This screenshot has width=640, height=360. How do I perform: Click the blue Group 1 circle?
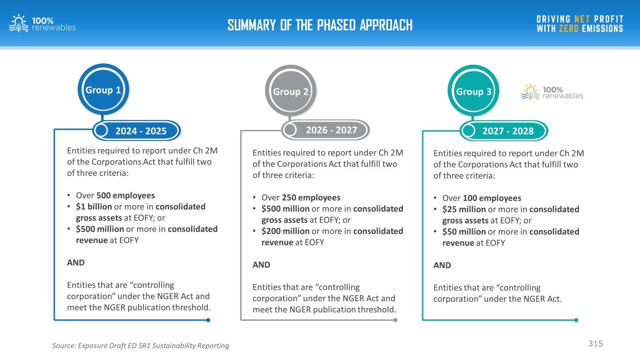[x=103, y=90]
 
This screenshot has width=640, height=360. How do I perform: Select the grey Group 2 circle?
[x=290, y=91]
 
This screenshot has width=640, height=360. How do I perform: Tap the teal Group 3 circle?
[x=474, y=91]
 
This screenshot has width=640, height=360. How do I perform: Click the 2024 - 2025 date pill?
[x=136, y=130]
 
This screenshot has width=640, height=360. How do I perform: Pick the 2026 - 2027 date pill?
[x=326, y=130]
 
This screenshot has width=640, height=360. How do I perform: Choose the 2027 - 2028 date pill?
[x=504, y=131]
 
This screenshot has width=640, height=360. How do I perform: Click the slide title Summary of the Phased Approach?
[x=320, y=25]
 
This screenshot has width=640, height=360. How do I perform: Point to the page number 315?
[x=596, y=344]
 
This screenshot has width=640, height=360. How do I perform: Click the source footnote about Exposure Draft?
[x=140, y=346]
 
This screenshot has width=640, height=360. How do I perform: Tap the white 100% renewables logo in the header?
[x=42, y=24]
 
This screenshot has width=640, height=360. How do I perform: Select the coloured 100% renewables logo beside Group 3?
[x=552, y=92]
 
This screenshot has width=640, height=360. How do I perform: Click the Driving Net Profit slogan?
[x=580, y=24]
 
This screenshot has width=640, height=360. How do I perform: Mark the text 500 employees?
[x=126, y=196]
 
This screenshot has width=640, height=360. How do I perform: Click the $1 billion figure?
[x=94, y=206]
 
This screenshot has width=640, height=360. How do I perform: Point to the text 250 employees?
[x=311, y=198]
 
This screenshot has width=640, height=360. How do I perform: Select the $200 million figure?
[x=286, y=231]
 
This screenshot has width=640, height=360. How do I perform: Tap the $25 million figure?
[x=464, y=209]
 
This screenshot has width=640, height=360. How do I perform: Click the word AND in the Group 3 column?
[x=442, y=266]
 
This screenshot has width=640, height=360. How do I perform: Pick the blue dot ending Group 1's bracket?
[x=208, y=320]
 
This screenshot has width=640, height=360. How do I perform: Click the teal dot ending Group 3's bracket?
[x=576, y=320]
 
